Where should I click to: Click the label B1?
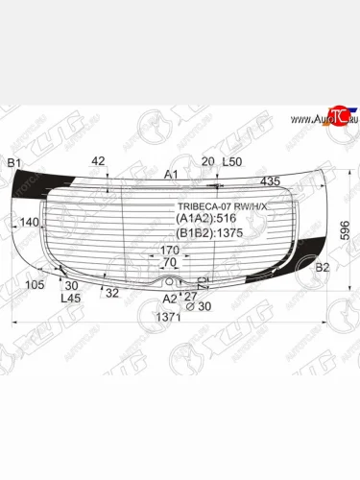pos(14,163)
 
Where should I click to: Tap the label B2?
pos(323,266)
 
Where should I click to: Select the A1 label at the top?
pos(171,174)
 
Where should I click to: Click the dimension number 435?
pos(270,181)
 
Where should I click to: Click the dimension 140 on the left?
pos(29,222)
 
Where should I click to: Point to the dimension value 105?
pos(36,285)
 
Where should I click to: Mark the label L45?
pos(70,299)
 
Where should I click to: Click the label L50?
pos(231,161)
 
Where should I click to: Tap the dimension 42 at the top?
pos(98,160)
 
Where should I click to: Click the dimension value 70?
pos(169,262)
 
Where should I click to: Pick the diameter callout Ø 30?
pos(198,306)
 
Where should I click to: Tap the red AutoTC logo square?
pos(335,117)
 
